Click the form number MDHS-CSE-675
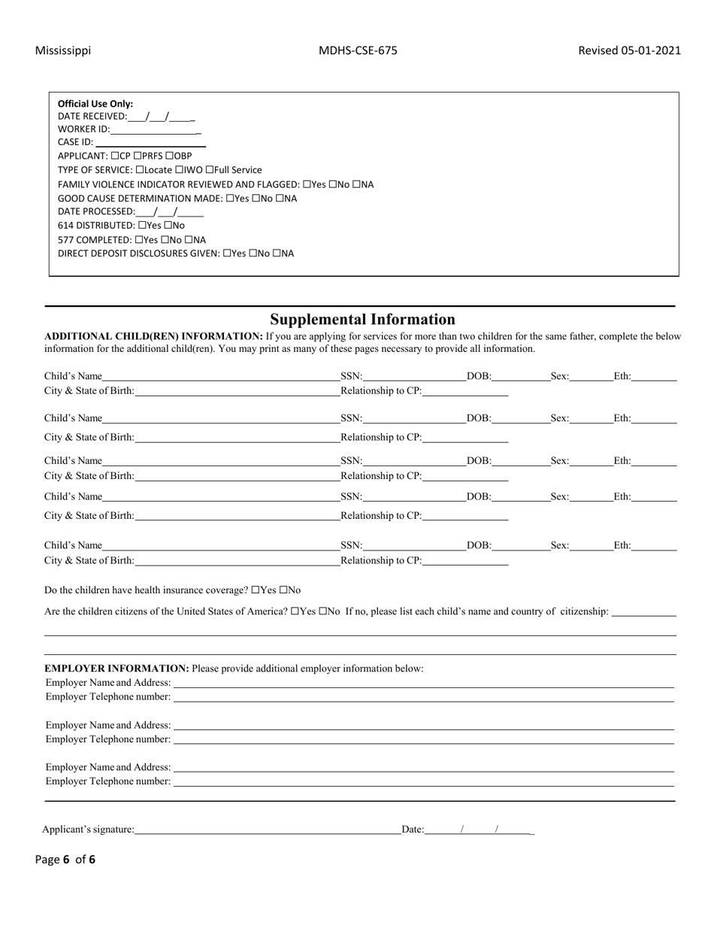coord(358,50)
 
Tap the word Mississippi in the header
coord(63,50)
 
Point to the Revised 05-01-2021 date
coord(629,50)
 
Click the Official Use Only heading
coord(95,104)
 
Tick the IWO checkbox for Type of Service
coord(180,170)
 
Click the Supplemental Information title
coord(362,319)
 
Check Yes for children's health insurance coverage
coord(256,590)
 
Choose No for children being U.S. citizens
coord(323,611)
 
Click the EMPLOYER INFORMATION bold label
coord(116,668)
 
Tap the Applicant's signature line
coord(268,830)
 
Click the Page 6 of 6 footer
coord(65,860)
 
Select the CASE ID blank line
coord(150,143)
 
